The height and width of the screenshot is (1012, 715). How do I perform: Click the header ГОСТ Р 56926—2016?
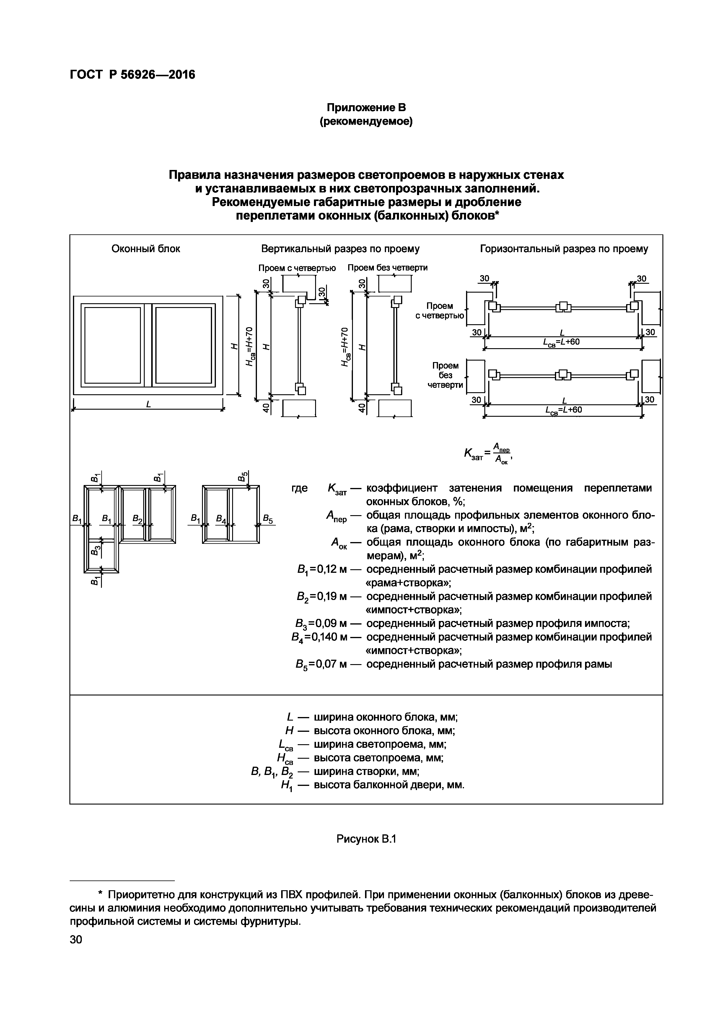tap(132, 75)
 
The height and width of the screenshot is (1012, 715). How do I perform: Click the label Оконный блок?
tap(146, 249)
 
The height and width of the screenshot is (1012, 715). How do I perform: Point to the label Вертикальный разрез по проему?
tap(340, 249)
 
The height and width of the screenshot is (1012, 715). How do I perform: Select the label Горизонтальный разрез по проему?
tap(564, 249)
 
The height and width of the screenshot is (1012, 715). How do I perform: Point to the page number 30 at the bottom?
tap(76, 940)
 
